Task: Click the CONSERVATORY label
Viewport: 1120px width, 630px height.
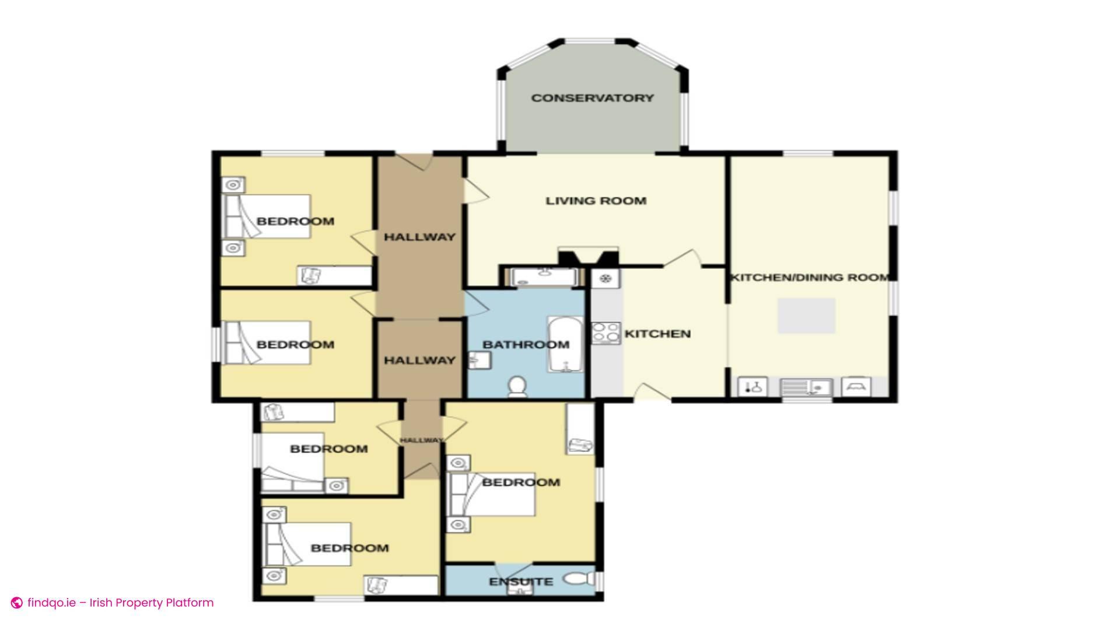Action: click(592, 98)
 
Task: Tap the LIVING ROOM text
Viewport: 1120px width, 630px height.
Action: click(596, 201)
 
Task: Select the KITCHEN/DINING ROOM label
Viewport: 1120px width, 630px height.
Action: click(810, 278)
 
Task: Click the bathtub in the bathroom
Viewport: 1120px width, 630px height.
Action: click(565, 344)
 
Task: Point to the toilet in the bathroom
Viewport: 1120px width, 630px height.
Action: click(516, 387)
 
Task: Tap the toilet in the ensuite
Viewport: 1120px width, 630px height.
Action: click(577, 579)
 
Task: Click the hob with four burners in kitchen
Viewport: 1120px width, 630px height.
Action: click(606, 333)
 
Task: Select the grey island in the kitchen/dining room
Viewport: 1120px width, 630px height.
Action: click(806, 316)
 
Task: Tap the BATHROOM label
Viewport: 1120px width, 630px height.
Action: click(526, 345)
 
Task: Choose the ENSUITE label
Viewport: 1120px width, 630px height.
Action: click(521, 582)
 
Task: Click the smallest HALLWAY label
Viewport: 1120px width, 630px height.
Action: click(421, 440)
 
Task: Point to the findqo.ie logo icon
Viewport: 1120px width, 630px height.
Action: click(17, 603)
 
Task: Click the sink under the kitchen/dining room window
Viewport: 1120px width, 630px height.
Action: click(806, 387)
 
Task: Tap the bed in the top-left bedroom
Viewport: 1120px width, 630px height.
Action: click(267, 216)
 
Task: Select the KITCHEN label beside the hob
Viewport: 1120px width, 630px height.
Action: click(657, 334)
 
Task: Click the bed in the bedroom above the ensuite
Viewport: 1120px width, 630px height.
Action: click(491, 495)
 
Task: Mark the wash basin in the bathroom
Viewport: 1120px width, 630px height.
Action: click(480, 360)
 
